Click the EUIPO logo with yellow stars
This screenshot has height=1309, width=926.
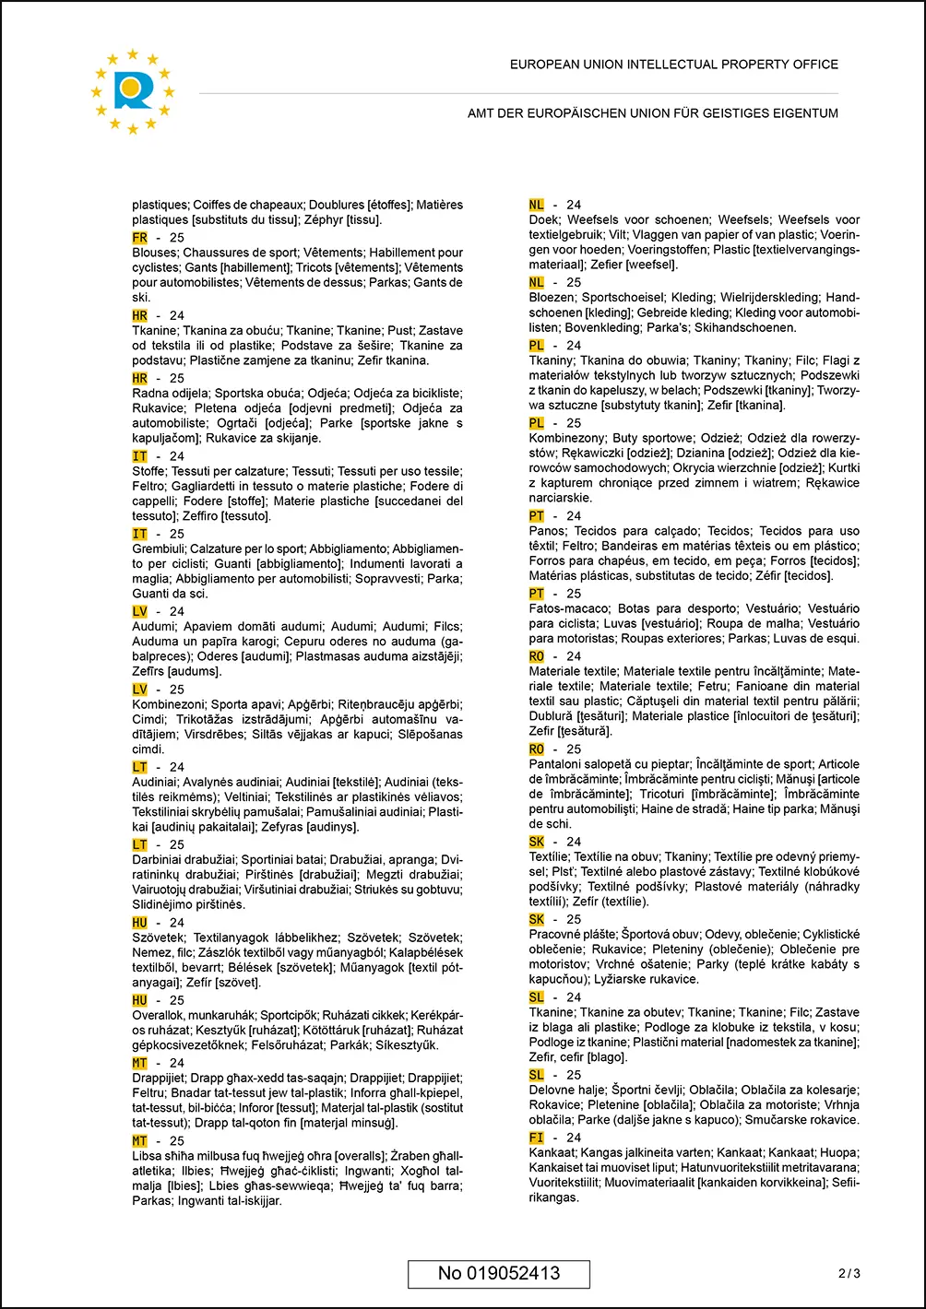pyautogui.click(x=133, y=90)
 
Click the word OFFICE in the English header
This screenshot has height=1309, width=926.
pyautogui.click(x=815, y=65)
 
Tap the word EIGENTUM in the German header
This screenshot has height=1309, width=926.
pyautogui.click(x=808, y=113)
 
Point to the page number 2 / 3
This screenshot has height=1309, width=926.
pyautogui.click(x=849, y=1274)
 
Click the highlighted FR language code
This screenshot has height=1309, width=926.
pyautogui.click(x=140, y=238)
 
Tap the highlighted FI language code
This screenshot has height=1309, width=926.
pyautogui.click(x=537, y=1138)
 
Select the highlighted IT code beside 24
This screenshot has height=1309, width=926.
pyautogui.click(x=140, y=456)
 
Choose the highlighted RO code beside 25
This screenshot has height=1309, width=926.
pyautogui.click(x=537, y=749)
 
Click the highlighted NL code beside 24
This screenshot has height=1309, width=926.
pyautogui.click(x=537, y=205)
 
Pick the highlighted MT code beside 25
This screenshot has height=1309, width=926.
pyautogui.click(x=140, y=1141)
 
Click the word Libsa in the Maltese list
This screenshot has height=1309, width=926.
pyautogui.click(x=148, y=1156)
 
